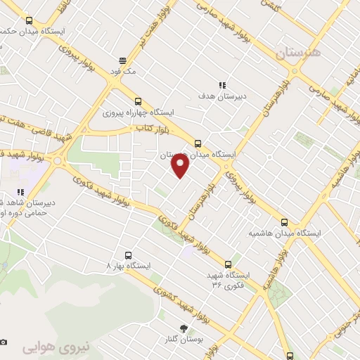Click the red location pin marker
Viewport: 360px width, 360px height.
pos(181,166)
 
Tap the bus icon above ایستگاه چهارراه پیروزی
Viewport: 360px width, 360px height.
pos(138,101)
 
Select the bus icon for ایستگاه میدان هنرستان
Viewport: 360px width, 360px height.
pos(198,142)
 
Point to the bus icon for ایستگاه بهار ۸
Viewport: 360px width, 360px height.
pos(127,255)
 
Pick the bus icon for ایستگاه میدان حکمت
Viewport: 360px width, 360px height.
pos(28,20)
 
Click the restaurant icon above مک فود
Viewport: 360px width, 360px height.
pos(122,60)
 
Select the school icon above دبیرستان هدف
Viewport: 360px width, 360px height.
pos(222,85)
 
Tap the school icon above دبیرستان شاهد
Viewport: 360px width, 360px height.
pos(21,191)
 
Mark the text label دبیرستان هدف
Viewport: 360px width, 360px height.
pos(222,96)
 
